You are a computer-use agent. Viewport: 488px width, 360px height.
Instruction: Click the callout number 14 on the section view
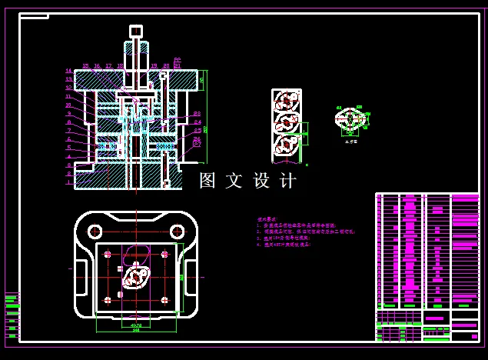pyautogui.click(x=68, y=72)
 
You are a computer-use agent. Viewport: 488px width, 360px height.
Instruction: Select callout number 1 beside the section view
pyautogui.click(x=68, y=183)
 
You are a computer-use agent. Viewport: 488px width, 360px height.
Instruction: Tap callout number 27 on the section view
pyautogui.click(x=198, y=143)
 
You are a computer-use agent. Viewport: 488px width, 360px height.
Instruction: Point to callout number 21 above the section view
pyautogui.click(x=178, y=66)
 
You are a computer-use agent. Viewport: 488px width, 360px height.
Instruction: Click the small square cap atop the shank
pyautogui.click(x=136, y=31)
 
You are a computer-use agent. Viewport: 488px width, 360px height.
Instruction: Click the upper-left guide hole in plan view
pyautogui.click(x=95, y=231)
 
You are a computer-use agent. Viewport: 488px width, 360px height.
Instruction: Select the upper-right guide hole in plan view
pyautogui.click(x=177, y=231)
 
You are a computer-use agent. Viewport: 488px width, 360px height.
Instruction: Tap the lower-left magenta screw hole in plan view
pyautogui.click(x=108, y=299)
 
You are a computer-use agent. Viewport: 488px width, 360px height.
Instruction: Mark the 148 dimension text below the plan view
pyautogui.click(x=136, y=330)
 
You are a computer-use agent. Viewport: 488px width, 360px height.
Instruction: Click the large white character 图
pyautogui.click(x=207, y=181)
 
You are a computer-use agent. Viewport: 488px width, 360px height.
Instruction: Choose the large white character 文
pyautogui.click(x=234, y=181)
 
